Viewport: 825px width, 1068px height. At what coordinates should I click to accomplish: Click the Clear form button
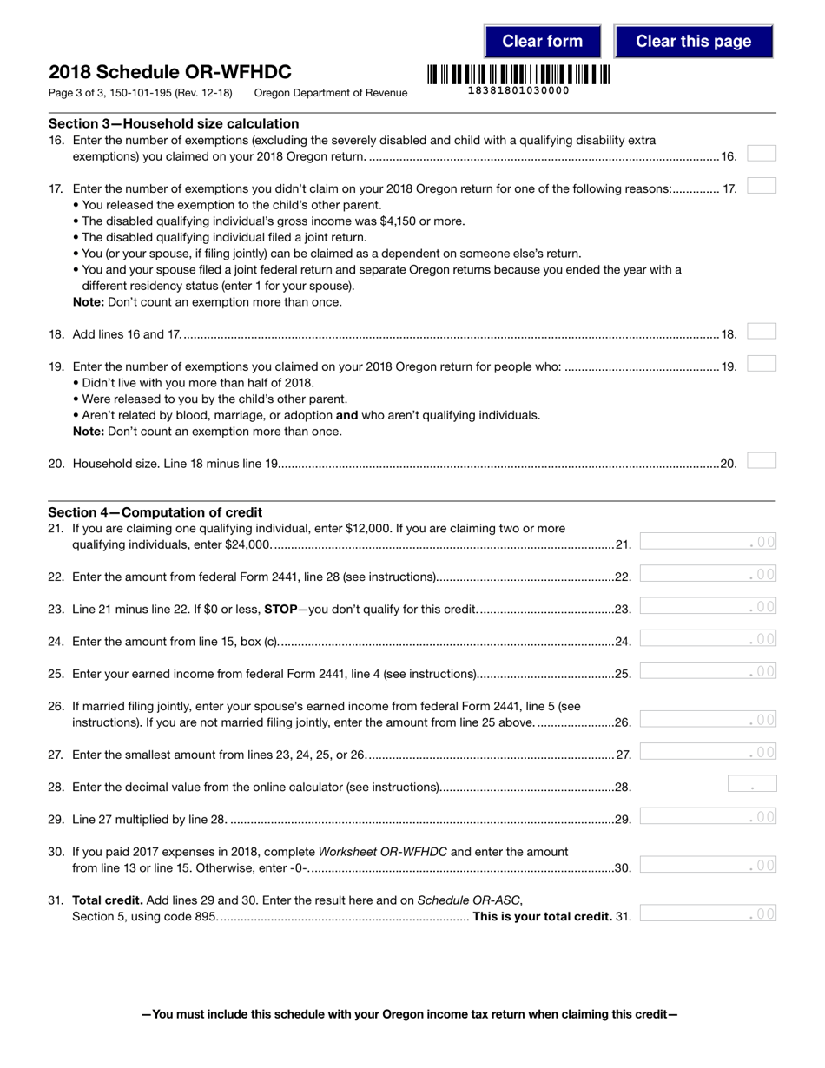pyautogui.click(x=542, y=42)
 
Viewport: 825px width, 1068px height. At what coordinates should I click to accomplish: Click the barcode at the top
pyautogui.click(x=518, y=75)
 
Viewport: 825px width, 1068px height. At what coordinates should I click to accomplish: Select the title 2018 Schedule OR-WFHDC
pyautogui.click(x=170, y=72)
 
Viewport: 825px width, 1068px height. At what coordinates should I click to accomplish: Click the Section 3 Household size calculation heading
pyautogui.click(x=174, y=123)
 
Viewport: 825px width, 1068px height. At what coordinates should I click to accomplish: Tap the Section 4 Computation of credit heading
pyautogui.click(x=155, y=512)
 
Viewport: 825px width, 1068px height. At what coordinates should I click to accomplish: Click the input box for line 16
pyautogui.click(x=762, y=154)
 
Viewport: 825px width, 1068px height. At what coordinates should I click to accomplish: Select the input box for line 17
pyautogui.click(x=762, y=186)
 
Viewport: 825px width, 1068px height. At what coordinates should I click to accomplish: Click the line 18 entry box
pyautogui.click(x=762, y=332)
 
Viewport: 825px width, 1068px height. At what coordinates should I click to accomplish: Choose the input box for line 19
pyautogui.click(x=762, y=364)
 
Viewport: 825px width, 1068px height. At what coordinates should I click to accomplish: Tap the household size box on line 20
pyautogui.click(x=762, y=461)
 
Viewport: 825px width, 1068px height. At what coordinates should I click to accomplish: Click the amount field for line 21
pyautogui.click(x=708, y=542)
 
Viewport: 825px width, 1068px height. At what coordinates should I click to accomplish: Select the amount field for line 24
pyautogui.click(x=708, y=639)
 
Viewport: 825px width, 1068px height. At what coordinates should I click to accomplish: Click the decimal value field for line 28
pyautogui.click(x=751, y=784)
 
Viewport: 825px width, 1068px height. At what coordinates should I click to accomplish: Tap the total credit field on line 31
pyautogui.click(x=708, y=913)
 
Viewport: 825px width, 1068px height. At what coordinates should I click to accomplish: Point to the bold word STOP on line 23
pyautogui.click(x=280, y=609)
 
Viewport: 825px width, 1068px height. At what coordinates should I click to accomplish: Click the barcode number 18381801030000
pyautogui.click(x=518, y=91)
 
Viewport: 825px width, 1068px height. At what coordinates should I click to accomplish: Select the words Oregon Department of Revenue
pyautogui.click(x=331, y=93)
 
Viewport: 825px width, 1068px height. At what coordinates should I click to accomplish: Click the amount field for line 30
pyautogui.click(x=708, y=865)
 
